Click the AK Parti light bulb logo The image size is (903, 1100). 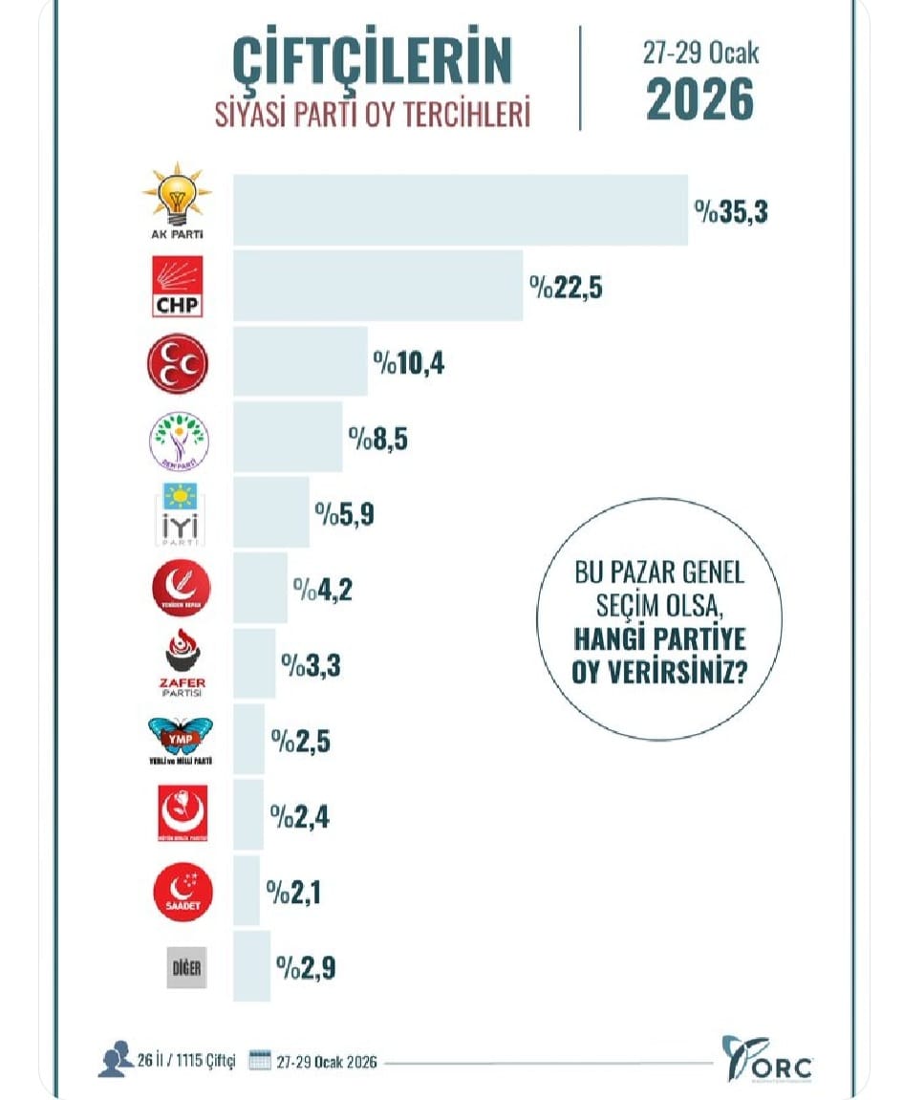click(x=177, y=201)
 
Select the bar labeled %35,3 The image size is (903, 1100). click(x=461, y=210)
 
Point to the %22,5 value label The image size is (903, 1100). click(x=567, y=287)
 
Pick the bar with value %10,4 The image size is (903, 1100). click(x=300, y=361)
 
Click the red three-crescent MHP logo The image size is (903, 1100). click(x=177, y=363)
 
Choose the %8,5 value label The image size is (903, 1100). click(x=380, y=438)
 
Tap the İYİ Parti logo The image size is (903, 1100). click(x=179, y=511)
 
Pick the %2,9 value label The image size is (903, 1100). click(x=306, y=967)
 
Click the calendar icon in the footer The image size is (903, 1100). click(x=260, y=1061)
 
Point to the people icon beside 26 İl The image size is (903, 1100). click(x=115, y=1061)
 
